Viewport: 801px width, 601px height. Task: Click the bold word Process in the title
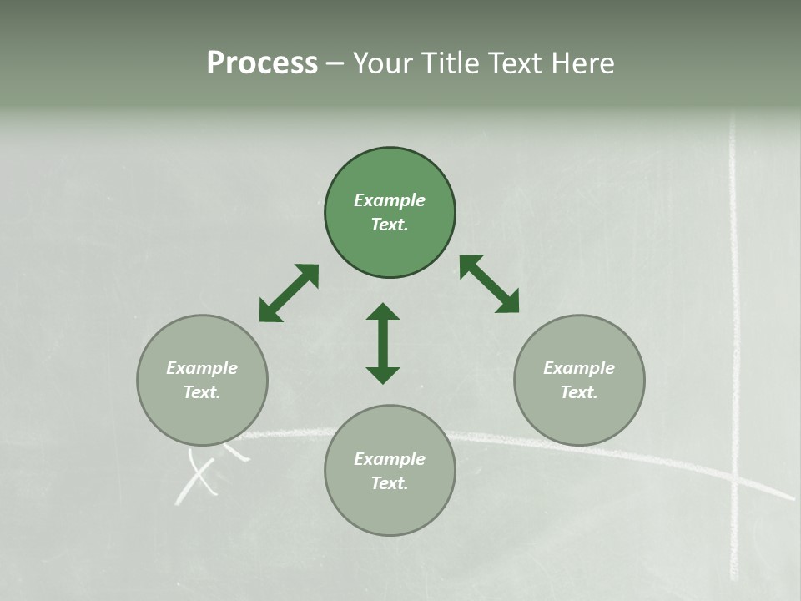pyautogui.click(x=262, y=63)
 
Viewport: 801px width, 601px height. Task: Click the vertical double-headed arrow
pyautogui.click(x=383, y=344)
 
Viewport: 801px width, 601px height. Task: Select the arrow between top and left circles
pyautogui.click(x=289, y=293)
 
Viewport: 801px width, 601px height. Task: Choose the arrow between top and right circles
pyautogui.click(x=489, y=285)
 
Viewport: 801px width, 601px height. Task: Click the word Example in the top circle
pyautogui.click(x=390, y=200)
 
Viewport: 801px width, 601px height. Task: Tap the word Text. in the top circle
pyautogui.click(x=390, y=225)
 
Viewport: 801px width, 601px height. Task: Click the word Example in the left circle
pyautogui.click(x=202, y=368)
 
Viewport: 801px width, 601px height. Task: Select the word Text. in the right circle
pyautogui.click(x=579, y=392)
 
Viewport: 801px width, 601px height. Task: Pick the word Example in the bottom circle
pyautogui.click(x=390, y=459)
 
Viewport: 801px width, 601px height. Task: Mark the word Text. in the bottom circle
pyautogui.click(x=390, y=483)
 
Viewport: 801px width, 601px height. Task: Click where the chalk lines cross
pyautogui.click(x=735, y=481)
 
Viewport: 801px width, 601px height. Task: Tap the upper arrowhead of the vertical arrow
pyautogui.click(x=383, y=312)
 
